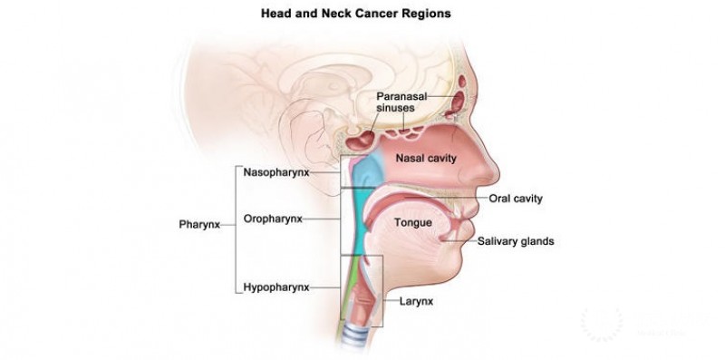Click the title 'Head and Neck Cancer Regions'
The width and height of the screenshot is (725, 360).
point(362,15)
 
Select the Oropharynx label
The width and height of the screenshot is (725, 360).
point(273,219)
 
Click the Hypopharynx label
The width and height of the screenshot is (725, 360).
point(275,287)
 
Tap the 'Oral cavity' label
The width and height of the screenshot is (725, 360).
point(515,198)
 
